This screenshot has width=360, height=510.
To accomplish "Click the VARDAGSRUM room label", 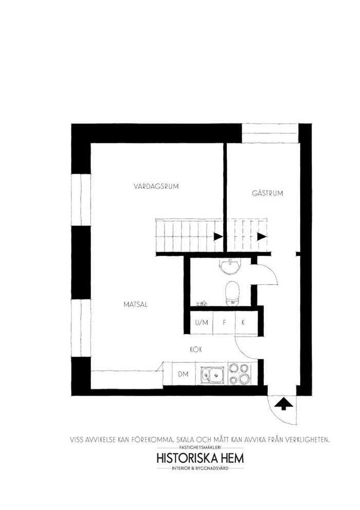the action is click(156, 186).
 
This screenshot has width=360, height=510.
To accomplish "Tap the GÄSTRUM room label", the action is click(267, 193).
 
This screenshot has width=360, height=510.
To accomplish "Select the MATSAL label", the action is click(135, 305).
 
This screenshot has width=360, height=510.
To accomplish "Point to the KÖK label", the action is click(196, 349).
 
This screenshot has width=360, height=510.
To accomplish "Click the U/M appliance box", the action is click(202, 323).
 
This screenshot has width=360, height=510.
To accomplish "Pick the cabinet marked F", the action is click(224, 323).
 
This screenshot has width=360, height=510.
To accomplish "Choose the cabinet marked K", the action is click(246, 323).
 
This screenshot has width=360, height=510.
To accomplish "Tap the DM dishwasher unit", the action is click(184, 374).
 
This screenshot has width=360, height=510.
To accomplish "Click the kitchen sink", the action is click(212, 374).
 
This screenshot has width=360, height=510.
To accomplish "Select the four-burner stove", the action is click(239, 374).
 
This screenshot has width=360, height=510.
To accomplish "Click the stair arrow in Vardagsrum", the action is click(218, 236).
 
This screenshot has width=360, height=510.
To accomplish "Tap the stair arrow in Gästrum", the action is click(262, 236).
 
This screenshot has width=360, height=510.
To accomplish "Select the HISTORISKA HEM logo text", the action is click(200, 459).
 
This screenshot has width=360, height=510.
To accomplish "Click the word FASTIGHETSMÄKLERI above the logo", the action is click(200, 448).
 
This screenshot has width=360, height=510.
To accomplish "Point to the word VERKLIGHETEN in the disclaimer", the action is click(308, 439).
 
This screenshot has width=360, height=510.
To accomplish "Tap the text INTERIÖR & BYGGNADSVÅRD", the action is click(200, 468).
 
